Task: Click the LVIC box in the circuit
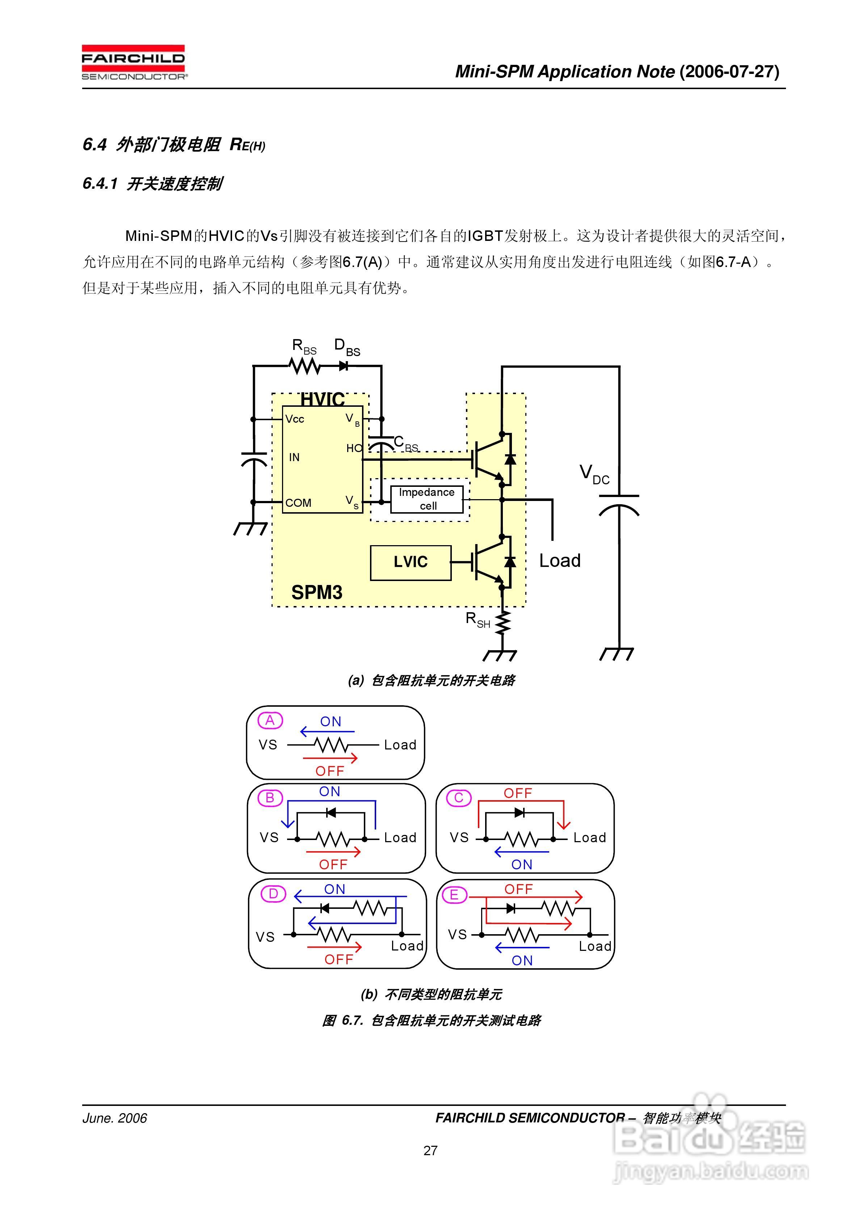410,562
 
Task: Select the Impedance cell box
426,499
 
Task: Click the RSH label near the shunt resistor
477,619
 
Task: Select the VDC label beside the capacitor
594,473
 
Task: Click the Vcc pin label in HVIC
295,419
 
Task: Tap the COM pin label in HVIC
298,503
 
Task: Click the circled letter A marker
270,720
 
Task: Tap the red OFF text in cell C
517,793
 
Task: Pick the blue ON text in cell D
335,889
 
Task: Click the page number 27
430,1150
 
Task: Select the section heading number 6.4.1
100,184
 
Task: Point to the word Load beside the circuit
559,561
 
